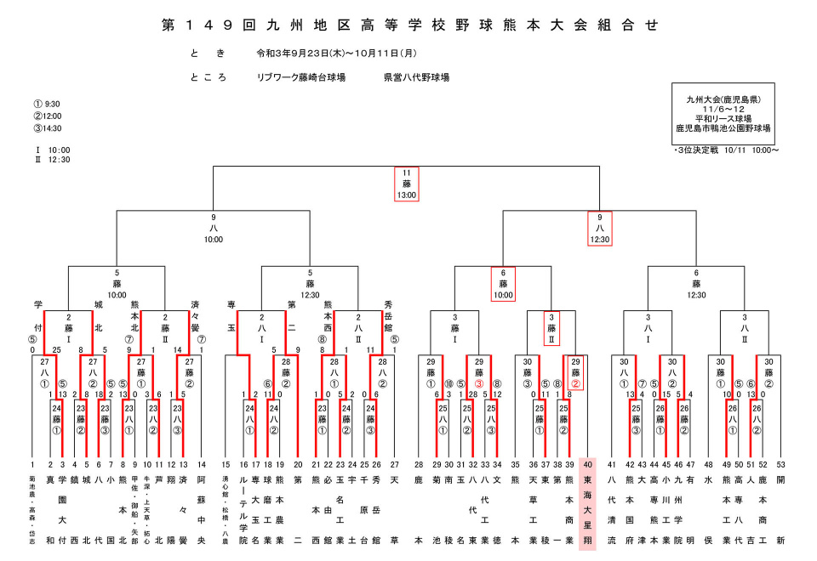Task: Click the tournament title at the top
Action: pyautogui.click(x=408, y=25)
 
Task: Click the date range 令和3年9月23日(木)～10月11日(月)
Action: pyautogui.click(x=336, y=54)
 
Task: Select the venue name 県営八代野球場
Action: pyautogui.click(x=416, y=77)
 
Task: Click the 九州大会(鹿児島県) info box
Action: pyautogui.click(x=723, y=114)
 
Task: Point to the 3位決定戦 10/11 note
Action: pyautogui.click(x=725, y=150)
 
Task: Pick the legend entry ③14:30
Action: pyautogui.click(x=48, y=127)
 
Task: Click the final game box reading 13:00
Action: pyautogui.click(x=407, y=184)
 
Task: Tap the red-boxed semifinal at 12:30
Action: pyautogui.click(x=601, y=228)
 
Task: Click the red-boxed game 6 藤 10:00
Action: pyautogui.click(x=503, y=284)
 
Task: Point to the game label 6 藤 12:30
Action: pyautogui.click(x=696, y=284)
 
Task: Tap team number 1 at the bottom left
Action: pyautogui.click(x=32, y=464)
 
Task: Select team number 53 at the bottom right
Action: pyautogui.click(x=780, y=464)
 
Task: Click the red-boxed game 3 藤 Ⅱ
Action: pyautogui.click(x=551, y=326)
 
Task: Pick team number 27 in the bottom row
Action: pyautogui.click(x=394, y=464)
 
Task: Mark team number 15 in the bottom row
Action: pyautogui.click(x=226, y=464)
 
